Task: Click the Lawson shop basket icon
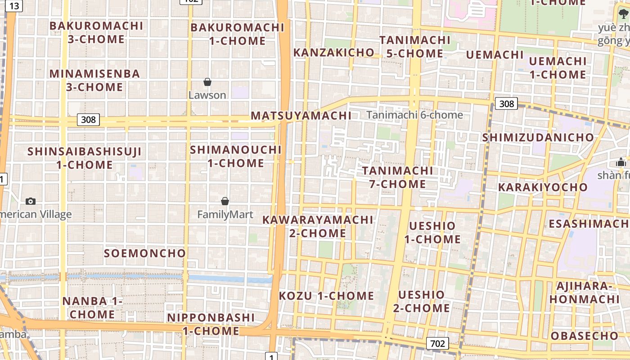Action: coord(207,82)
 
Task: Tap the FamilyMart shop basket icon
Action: coord(225,201)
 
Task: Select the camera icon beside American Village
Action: coord(31,201)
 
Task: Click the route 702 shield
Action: coord(437,344)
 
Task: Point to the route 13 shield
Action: coord(14,6)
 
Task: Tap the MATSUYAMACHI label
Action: coord(301,116)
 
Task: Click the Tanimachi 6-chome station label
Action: coord(414,115)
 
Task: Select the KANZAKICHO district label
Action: coord(334,53)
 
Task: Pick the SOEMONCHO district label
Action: coord(145,253)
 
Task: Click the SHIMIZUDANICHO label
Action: coord(538,137)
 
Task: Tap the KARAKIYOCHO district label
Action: coord(543,187)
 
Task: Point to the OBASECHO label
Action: coord(585,336)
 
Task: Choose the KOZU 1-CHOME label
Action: coord(327,296)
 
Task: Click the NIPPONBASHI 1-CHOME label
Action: coord(211,324)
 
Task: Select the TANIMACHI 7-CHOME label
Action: coord(398,177)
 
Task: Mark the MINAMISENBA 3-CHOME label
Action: coord(95,80)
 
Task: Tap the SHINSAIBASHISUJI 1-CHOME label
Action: coord(85,158)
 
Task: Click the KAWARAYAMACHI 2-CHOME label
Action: coord(318,226)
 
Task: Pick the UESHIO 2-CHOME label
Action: coord(422,301)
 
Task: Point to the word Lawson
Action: coord(207,95)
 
